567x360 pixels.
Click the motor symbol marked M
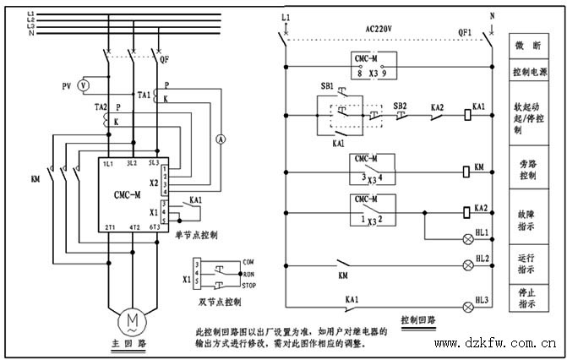point(133,319)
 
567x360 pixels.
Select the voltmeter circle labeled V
point(83,85)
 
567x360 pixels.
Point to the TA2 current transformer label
point(100,108)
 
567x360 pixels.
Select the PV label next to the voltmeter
point(66,86)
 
